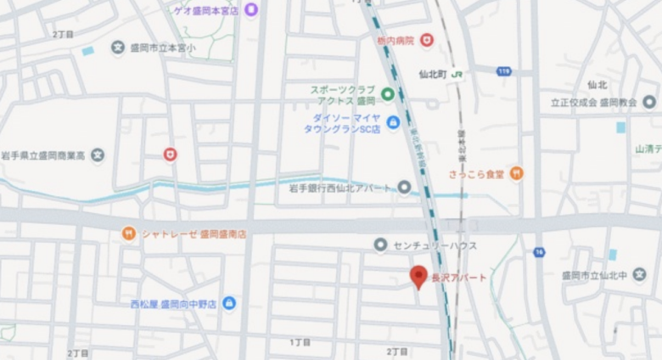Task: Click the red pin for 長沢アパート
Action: (418, 276)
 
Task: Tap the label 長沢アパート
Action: (459, 278)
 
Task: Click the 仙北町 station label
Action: (434, 75)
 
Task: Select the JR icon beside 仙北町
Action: (457, 75)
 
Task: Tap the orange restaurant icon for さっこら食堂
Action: (516, 173)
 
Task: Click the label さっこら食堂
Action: (476, 174)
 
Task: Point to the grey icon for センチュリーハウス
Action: (380, 245)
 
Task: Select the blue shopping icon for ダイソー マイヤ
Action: (393, 123)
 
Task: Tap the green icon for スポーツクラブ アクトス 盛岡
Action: (387, 94)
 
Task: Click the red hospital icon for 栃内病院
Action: (427, 40)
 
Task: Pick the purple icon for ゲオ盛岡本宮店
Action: (251, 9)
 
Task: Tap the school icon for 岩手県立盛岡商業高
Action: (98, 155)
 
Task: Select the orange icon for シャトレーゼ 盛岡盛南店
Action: (128, 233)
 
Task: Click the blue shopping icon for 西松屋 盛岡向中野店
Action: (229, 303)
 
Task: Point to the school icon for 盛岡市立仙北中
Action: (639, 274)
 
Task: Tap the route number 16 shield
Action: (539, 252)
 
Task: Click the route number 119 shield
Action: (504, 71)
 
